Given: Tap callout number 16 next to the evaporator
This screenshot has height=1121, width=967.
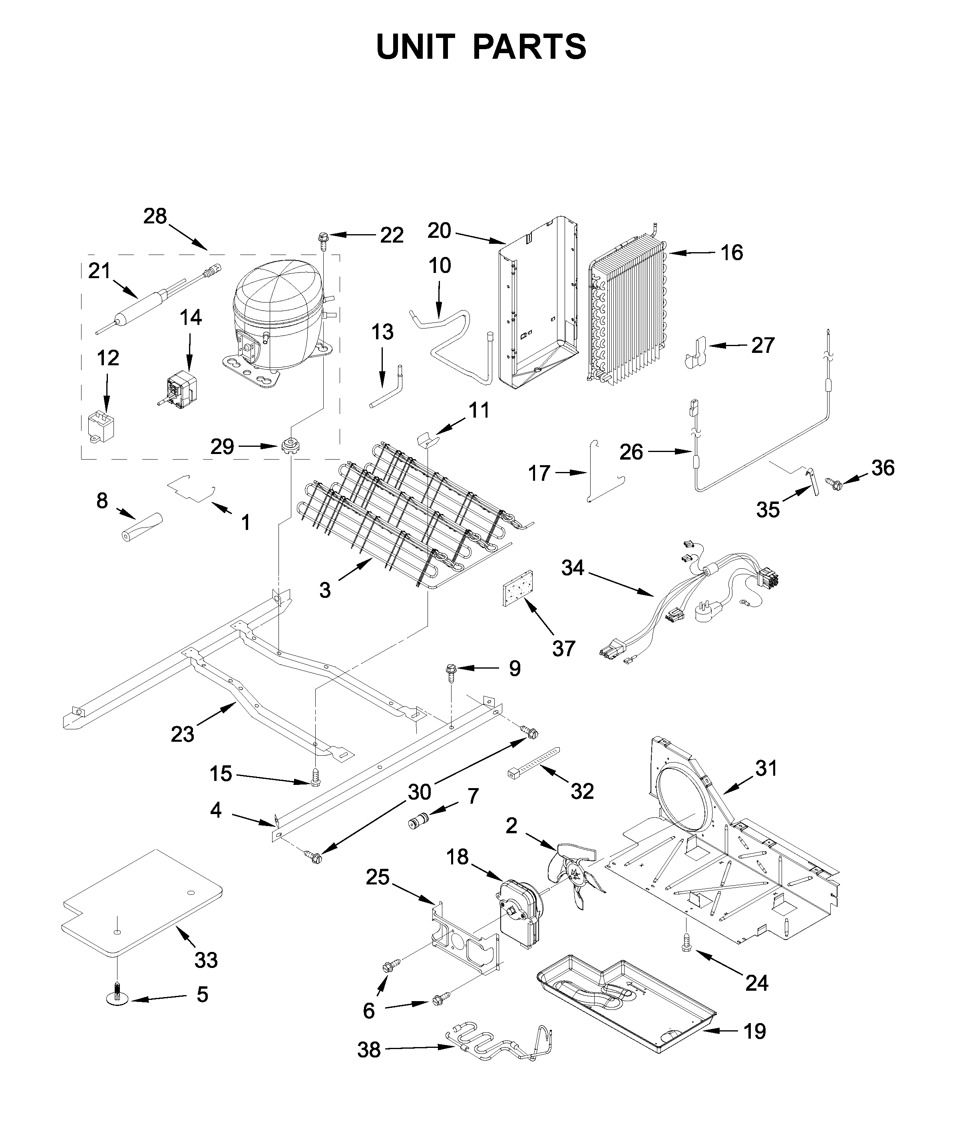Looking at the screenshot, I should (732, 253).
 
